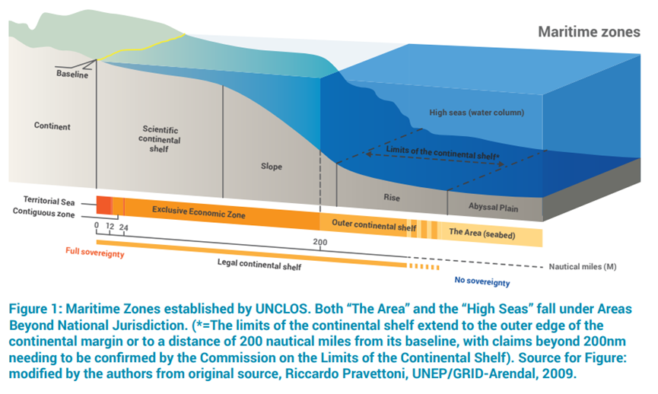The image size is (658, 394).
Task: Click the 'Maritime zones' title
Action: point(589,32)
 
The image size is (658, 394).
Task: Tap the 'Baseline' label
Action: point(72,74)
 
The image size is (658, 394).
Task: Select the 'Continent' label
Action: point(52,126)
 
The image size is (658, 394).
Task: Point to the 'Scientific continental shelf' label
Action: point(160,139)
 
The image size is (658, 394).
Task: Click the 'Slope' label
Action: point(272,166)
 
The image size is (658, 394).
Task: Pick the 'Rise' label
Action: point(392,197)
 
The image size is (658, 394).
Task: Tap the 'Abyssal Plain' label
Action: point(493,207)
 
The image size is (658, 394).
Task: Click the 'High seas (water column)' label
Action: point(477,113)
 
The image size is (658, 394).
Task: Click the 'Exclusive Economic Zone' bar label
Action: point(199,212)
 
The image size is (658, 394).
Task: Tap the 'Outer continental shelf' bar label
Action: point(374,225)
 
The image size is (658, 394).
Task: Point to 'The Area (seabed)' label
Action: point(482,234)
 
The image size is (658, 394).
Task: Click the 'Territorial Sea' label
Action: point(49,201)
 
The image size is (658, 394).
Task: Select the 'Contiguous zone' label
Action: point(43,212)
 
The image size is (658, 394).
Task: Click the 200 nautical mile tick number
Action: point(319,242)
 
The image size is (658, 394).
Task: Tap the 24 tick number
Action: point(123,228)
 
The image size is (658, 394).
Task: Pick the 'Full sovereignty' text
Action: point(95,253)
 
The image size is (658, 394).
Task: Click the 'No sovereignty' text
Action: point(482,281)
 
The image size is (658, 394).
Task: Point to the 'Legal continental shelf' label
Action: point(259,265)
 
